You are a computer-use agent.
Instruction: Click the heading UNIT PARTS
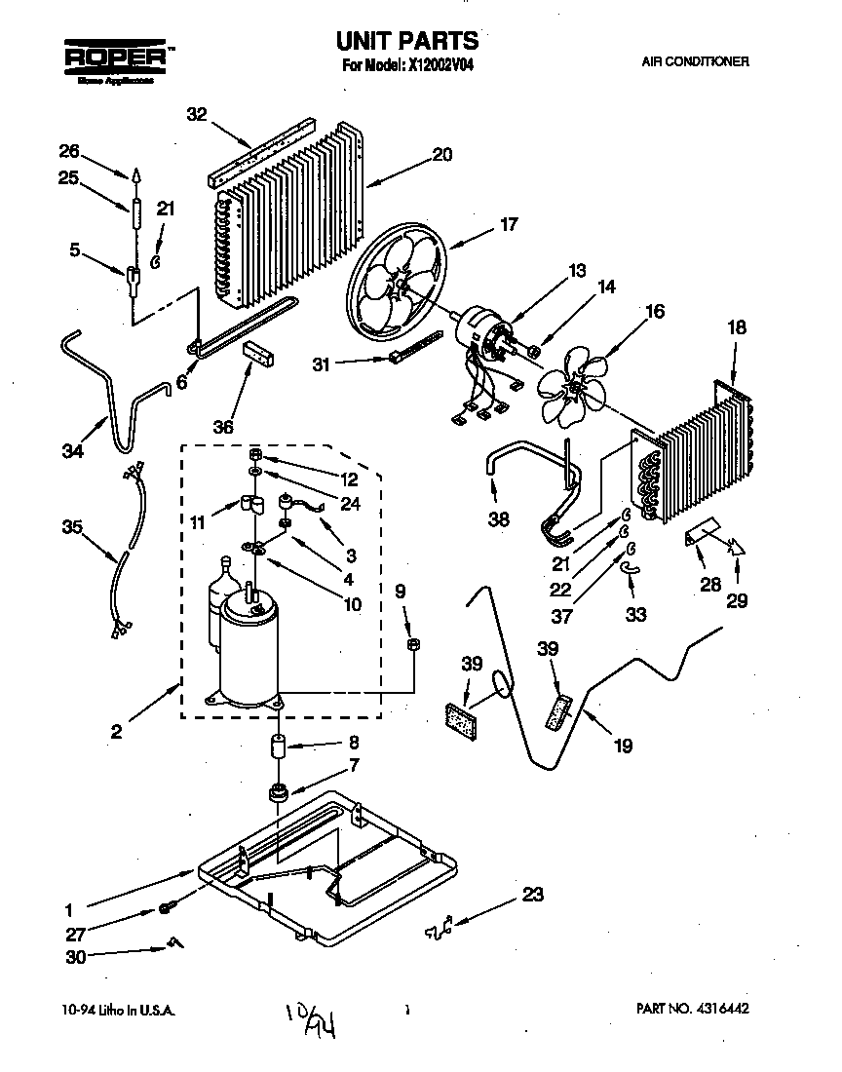click(407, 41)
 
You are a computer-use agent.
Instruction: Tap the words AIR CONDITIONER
click(695, 61)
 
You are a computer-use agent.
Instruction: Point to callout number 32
click(197, 113)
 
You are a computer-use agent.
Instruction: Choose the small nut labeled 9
click(412, 643)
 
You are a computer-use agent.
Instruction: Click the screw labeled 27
click(166, 909)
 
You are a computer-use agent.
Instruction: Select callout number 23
click(532, 895)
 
